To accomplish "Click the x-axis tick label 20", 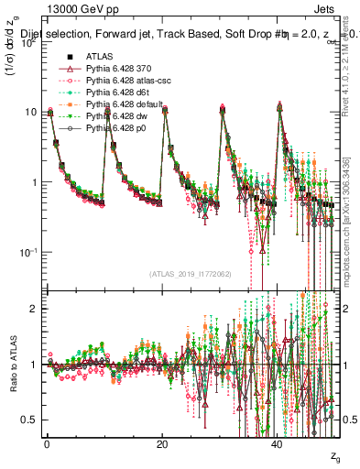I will pos(162,443).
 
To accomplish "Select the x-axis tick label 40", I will pos(278,443).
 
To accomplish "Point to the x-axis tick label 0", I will pos(47,443).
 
